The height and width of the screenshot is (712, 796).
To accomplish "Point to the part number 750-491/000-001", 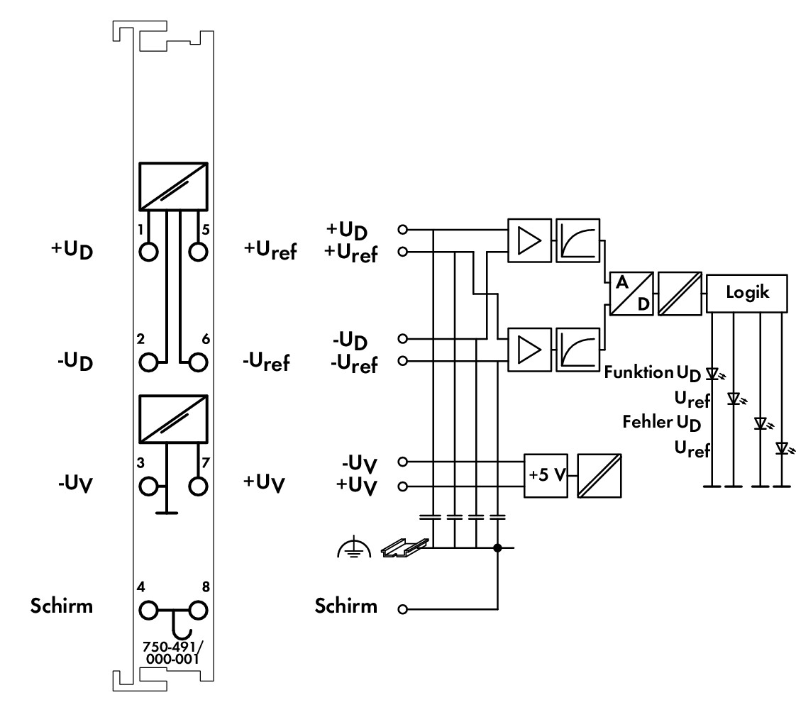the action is click(x=172, y=652).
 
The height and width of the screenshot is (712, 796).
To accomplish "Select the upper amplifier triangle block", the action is click(x=529, y=240).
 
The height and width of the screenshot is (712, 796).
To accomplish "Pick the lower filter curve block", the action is click(x=577, y=350).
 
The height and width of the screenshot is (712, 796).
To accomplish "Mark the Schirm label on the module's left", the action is click(x=62, y=606).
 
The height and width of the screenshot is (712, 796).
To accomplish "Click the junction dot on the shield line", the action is click(x=497, y=547).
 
